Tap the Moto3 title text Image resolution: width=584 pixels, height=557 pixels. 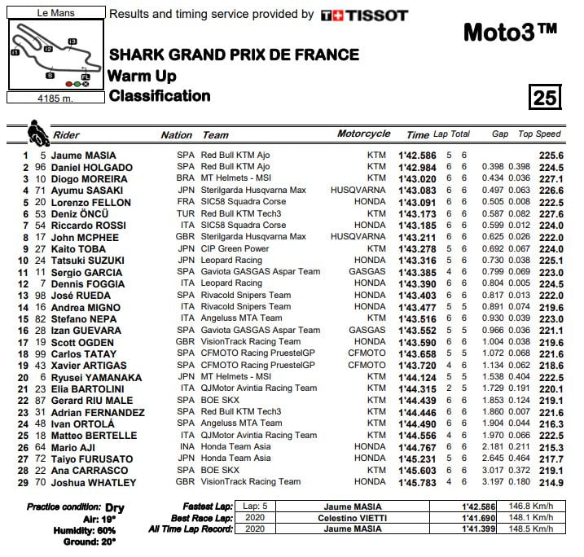click(510, 32)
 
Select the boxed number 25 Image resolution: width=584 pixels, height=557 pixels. click(545, 98)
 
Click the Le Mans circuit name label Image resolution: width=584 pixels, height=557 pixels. click(55, 13)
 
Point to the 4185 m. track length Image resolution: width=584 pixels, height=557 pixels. click(55, 98)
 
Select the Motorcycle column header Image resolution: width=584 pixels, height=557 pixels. click(363, 134)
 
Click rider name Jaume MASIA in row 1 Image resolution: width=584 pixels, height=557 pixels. click(84, 156)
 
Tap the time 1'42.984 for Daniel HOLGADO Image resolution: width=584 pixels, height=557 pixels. click(417, 167)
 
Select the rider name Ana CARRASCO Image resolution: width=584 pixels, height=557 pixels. click(90, 471)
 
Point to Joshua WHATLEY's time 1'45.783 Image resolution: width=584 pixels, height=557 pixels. click(417, 483)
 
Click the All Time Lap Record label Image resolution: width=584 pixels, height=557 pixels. click(191, 530)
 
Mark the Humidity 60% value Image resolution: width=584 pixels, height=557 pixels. click(104, 530)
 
